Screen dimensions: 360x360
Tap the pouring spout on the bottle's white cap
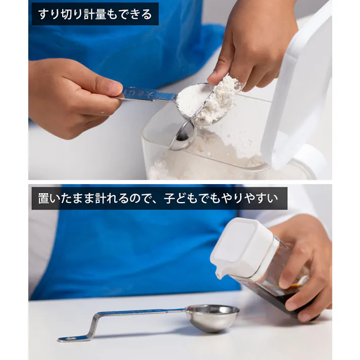coord(219,275)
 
